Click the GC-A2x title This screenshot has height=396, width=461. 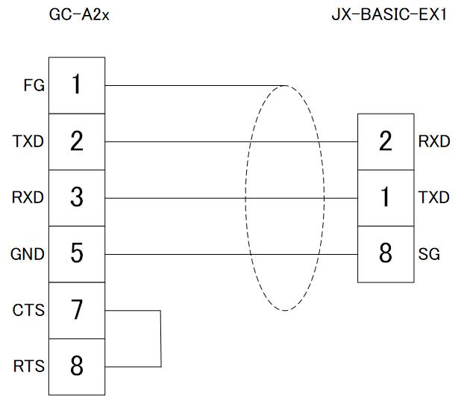78,15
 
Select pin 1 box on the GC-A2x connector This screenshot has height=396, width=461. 77,85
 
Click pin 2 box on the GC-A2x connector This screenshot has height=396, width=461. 77,141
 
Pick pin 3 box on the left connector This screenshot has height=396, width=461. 77,198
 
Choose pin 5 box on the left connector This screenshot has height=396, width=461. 77,254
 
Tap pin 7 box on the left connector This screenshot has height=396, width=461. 77,310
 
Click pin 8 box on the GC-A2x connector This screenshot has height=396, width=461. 77,366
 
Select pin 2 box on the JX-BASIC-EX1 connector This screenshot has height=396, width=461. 385,141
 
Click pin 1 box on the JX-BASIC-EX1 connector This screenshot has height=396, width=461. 385,198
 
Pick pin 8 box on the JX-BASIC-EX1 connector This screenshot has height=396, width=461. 385,254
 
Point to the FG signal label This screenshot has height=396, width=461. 34,85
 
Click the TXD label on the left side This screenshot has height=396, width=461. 28,141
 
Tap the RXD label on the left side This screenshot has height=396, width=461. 28,198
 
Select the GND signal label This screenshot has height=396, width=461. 28,254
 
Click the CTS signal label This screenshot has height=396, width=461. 28,310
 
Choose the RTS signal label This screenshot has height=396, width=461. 28,366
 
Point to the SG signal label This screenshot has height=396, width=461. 429,254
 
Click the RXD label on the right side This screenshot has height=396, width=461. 434,141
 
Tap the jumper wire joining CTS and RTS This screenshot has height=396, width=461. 160,338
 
